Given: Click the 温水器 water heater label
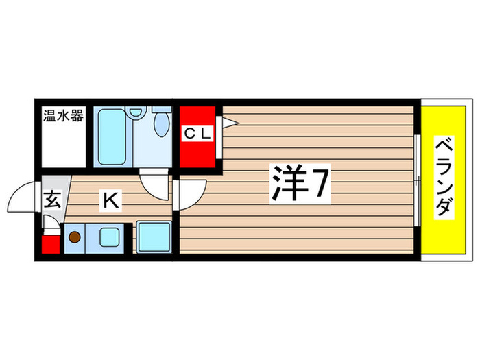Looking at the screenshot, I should pyautogui.click(x=63, y=116).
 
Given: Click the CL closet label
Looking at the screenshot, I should pyautogui.click(x=197, y=134).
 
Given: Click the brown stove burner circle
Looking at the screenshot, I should pyautogui.click(x=73, y=238).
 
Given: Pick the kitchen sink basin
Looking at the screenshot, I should pyautogui.click(x=109, y=238).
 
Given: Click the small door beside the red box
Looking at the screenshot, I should pyautogui.click(x=51, y=223).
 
